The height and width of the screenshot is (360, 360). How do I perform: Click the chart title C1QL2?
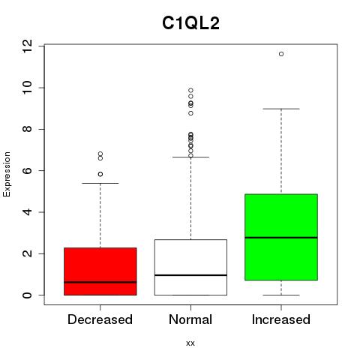pyautogui.click(x=190, y=23)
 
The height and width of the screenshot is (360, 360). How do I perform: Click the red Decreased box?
pyautogui.click(x=100, y=271)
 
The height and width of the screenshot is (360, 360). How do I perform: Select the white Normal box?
pyautogui.click(x=190, y=267)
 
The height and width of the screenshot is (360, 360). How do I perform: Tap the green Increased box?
pyautogui.click(x=281, y=237)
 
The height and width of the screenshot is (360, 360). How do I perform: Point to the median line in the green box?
pyautogui.click(x=281, y=238)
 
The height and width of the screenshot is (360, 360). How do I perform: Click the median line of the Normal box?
pyautogui.click(x=190, y=275)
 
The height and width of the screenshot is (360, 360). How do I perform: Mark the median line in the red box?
pyautogui.click(x=100, y=282)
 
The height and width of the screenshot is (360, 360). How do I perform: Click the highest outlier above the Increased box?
pyautogui.click(x=281, y=54)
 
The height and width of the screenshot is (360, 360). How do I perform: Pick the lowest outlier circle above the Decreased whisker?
pyautogui.click(x=100, y=174)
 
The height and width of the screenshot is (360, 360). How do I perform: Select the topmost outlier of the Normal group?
pyautogui.click(x=190, y=90)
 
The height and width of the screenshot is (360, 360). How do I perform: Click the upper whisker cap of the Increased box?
pyautogui.click(x=281, y=109)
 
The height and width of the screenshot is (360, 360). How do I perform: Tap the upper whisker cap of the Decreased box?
pyautogui.click(x=100, y=183)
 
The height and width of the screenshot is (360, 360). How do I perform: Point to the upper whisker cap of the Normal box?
pyautogui.click(x=190, y=157)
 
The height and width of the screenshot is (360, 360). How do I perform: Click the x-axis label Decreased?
pyautogui.click(x=100, y=319)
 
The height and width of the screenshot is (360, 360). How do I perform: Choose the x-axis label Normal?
pyautogui.click(x=190, y=319)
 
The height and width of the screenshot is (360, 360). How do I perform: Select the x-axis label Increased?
pyautogui.click(x=281, y=319)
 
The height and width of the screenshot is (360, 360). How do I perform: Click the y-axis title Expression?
pyautogui.click(x=7, y=174)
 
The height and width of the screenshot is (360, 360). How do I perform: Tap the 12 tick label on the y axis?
pyautogui.click(x=27, y=46)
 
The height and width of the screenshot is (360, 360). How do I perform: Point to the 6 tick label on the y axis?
pyautogui.click(x=27, y=170)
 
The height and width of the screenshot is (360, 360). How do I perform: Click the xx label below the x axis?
pyautogui.click(x=190, y=343)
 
